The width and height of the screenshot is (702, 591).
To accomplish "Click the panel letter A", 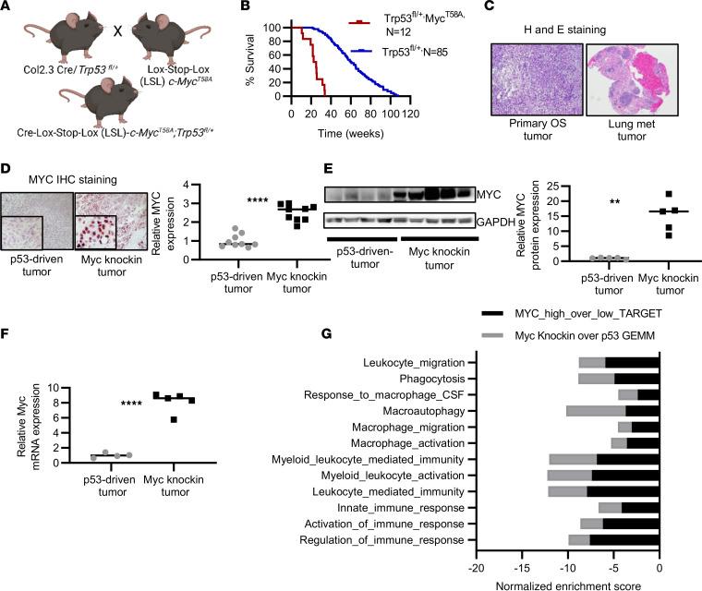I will (x=6, y=7).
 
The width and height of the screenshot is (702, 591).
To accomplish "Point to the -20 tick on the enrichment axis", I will (x=477, y=562).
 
